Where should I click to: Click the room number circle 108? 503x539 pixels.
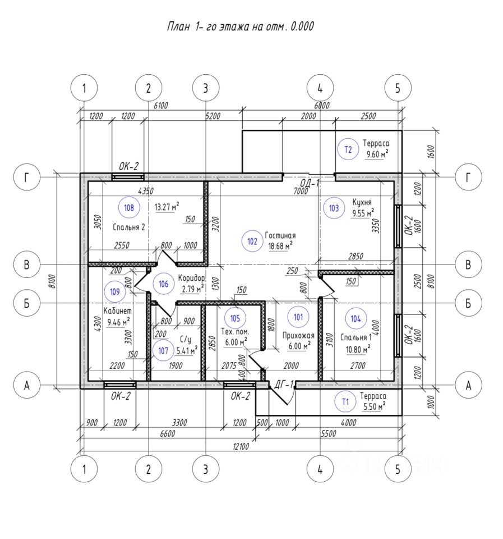(x=130, y=208)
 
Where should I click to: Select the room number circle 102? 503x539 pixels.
(x=252, y=241)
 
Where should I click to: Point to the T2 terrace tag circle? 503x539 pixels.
(x=348, y=149)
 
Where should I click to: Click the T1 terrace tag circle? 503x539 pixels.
(x=345, y=401)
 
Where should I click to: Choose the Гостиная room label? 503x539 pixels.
(x=280, y=236)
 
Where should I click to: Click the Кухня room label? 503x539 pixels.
(x=362, y=202)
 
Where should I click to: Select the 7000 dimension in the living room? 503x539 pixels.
(x=301, y=191)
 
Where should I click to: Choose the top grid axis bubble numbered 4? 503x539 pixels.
(x=320, y=88)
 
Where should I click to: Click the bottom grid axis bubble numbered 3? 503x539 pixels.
(x=205, y=470)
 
